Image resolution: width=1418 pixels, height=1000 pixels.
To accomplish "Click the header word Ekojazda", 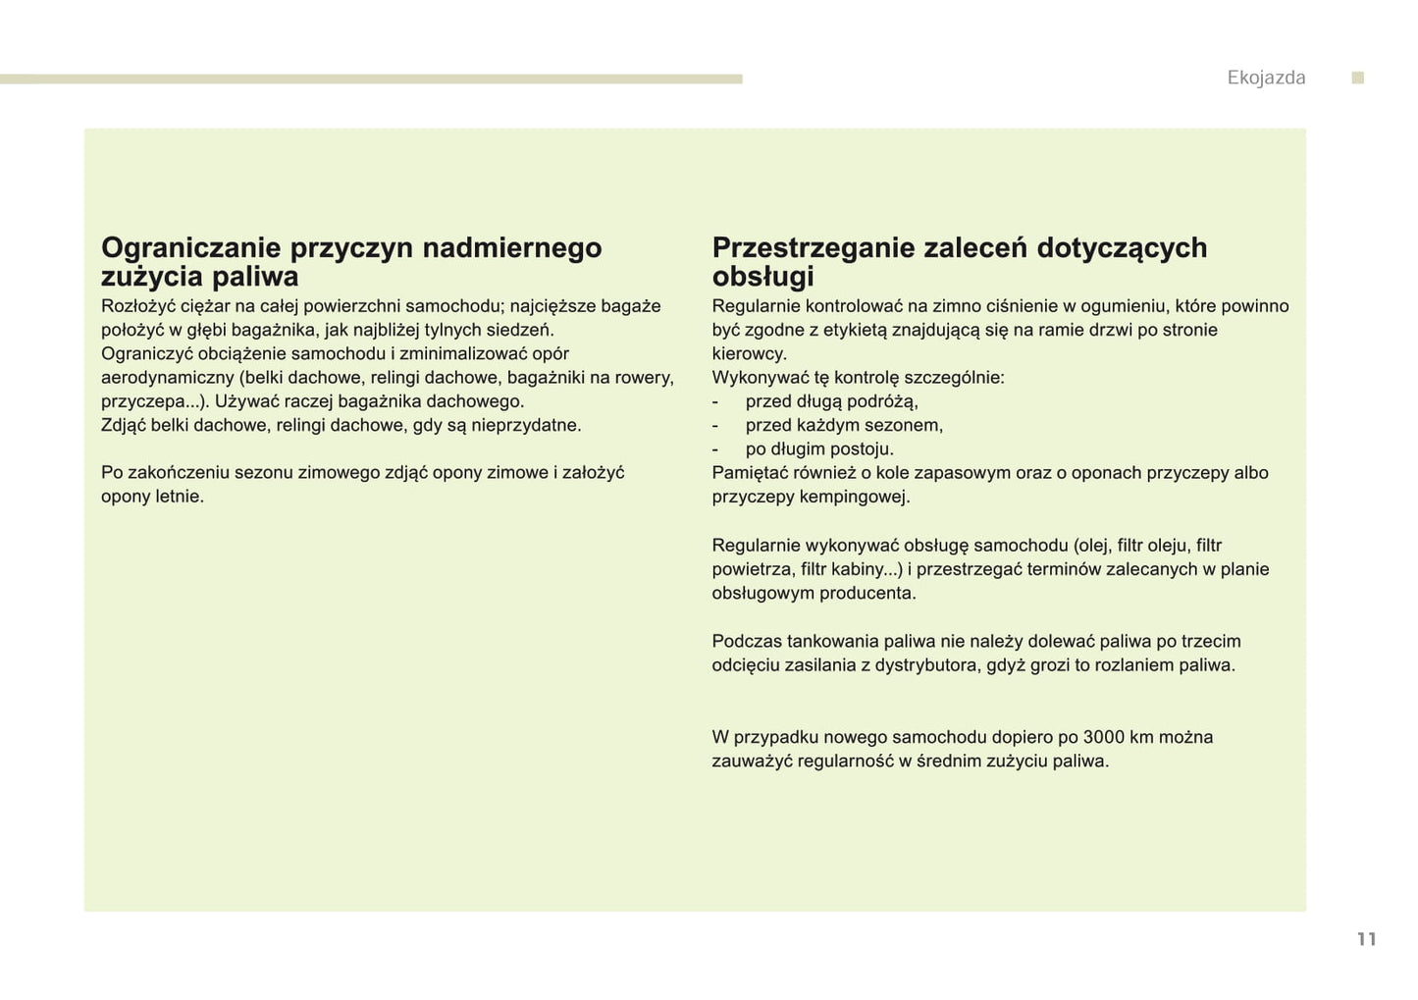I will pos(1266,79).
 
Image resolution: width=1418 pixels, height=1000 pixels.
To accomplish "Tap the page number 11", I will pos(1366,939).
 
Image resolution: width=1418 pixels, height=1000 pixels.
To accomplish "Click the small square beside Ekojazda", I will pos(1358,78).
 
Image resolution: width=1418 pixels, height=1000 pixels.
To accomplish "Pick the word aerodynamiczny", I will pos(167,378).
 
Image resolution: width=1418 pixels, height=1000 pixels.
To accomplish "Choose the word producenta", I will pos(867,594).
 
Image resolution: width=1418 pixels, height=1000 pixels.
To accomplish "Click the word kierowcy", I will pos(749,354).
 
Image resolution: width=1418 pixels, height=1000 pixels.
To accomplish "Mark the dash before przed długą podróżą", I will pos(715,402).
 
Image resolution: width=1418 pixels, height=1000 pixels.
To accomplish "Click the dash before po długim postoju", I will pos(715,449).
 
